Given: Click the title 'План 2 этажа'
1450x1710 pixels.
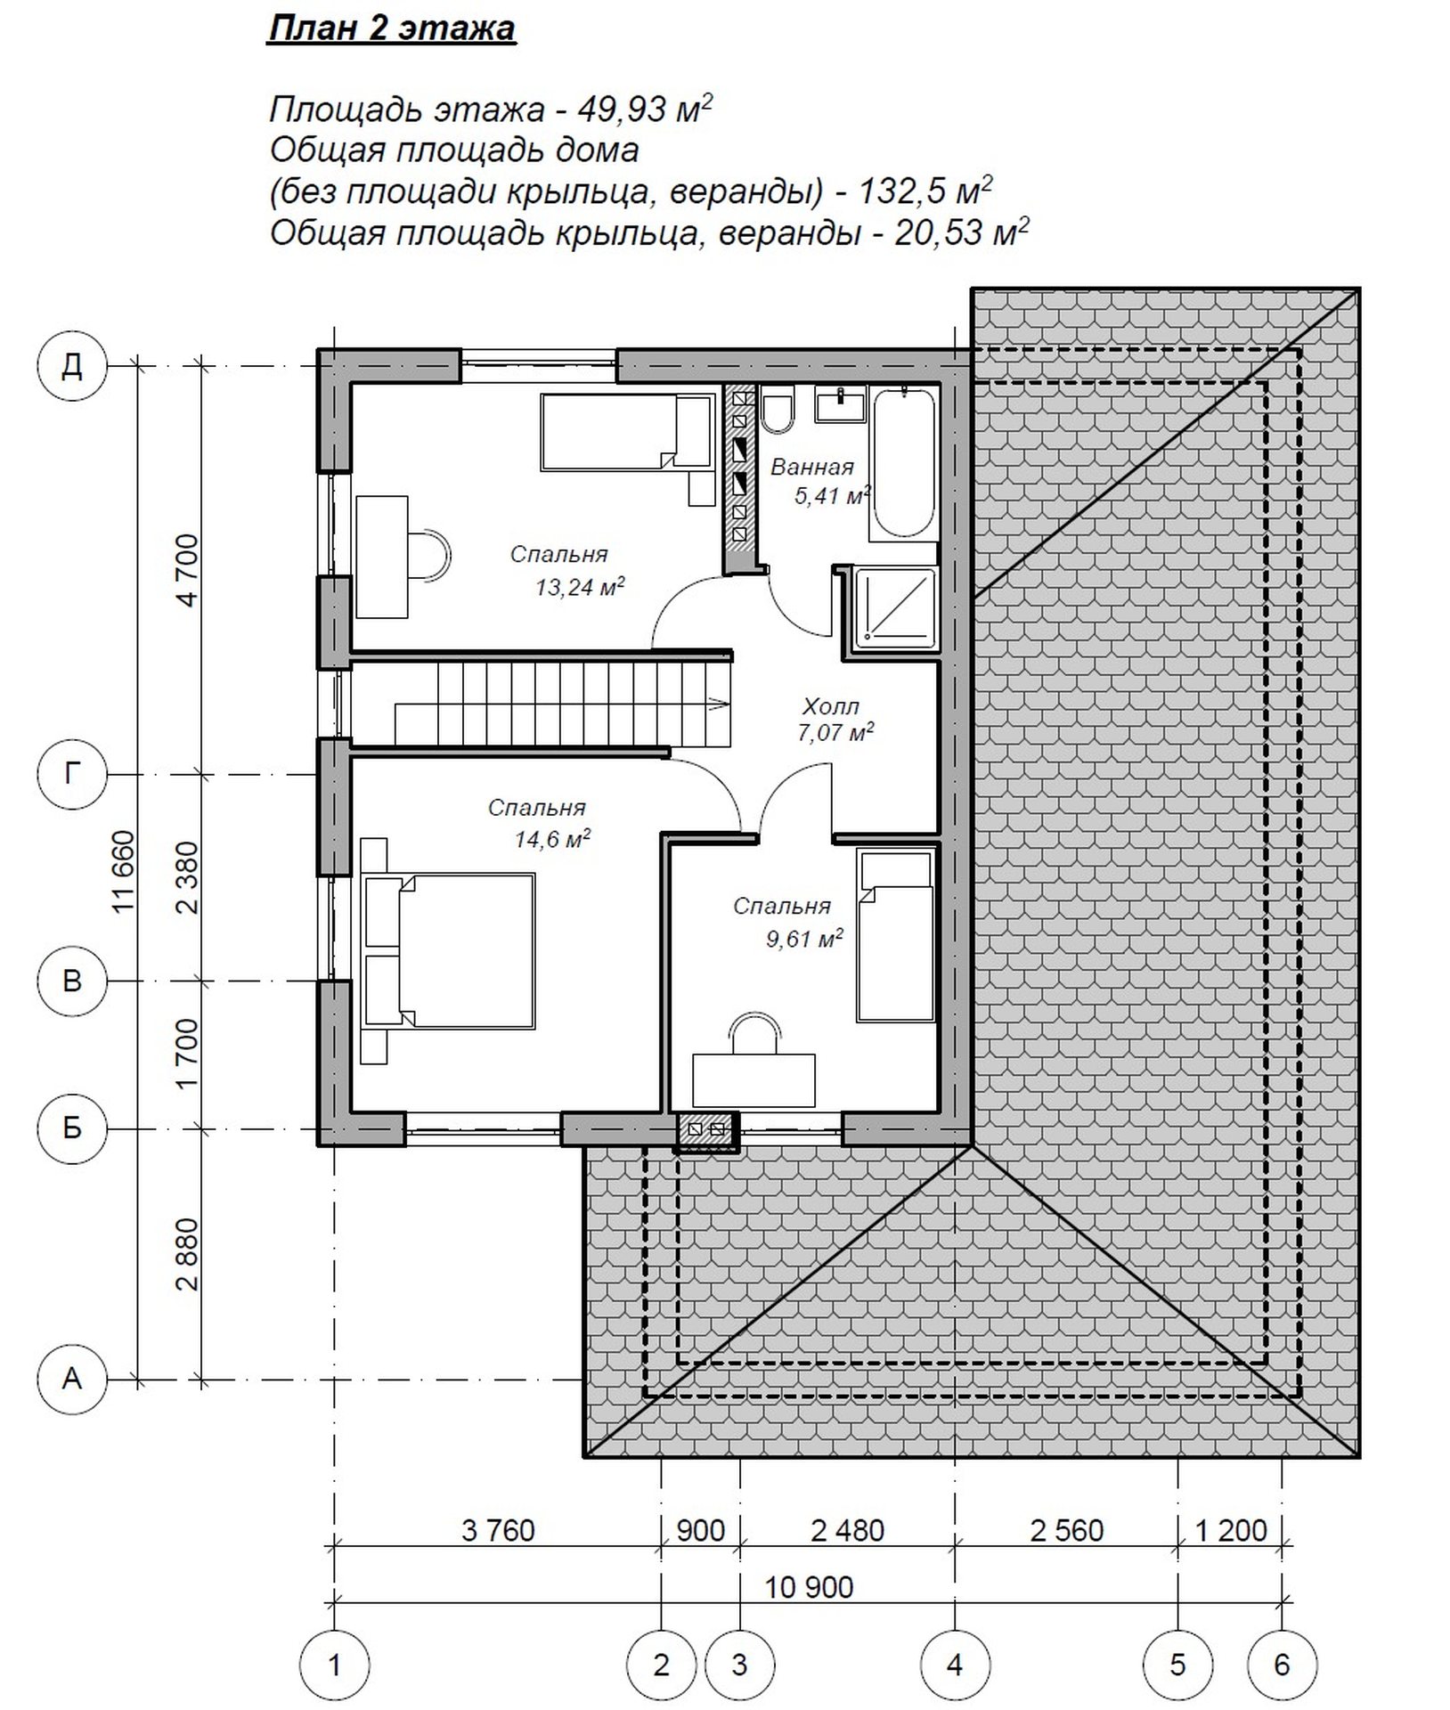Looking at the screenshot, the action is pyautogui.click(x=392, y=29).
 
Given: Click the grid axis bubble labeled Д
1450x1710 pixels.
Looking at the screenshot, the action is pyautogui.click(x=72, y=364).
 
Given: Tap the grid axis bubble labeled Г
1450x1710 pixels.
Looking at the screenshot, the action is pyautogui.click(x=72, y=774).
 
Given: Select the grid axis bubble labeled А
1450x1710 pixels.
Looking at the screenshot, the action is pyautogui.click(x=72, y=1379).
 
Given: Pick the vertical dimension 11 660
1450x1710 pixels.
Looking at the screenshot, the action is pyautogui.click(x=123, y=871).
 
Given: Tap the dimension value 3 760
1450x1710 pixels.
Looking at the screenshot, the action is pyautogui.click(x=498, y=1530).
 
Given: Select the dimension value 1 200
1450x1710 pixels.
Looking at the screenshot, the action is pyautogui.click(x=1230, y=1530).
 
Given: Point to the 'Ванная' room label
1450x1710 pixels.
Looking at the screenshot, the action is pyautogui.click(x=812, y=467).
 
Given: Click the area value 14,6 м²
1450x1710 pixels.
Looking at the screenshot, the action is pyautogui.click(x=552, y=838).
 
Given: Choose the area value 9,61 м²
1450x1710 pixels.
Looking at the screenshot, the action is pyautogui.click(x=804, y=938).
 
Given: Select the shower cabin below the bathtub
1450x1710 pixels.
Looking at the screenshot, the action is pyautogui.click(x=895, y=607).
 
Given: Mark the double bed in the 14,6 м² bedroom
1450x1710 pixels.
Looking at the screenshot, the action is pyautogui.click(x=450, y=951).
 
